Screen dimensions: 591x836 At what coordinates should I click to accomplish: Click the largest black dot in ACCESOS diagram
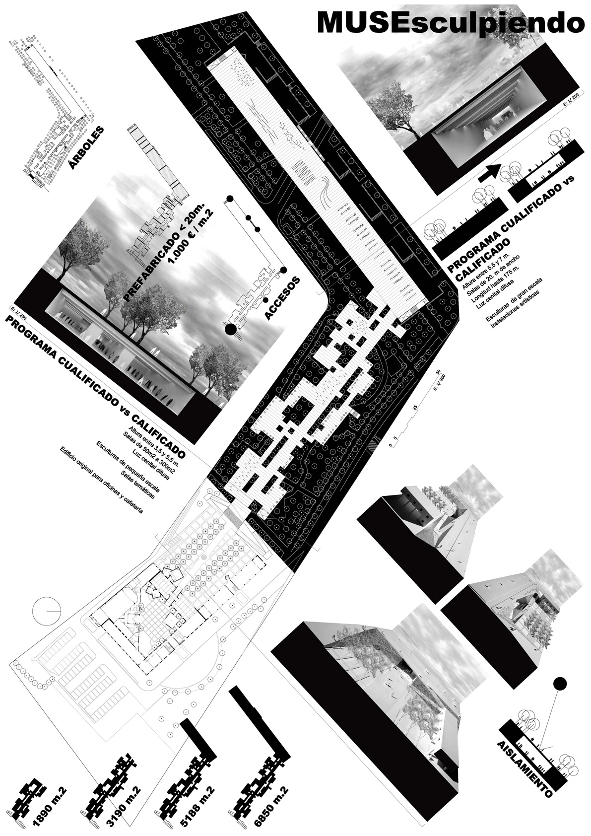(230, 329)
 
